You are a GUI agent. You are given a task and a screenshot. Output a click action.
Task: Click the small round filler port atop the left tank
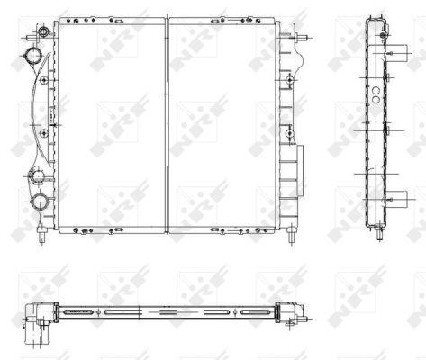click(44, 31)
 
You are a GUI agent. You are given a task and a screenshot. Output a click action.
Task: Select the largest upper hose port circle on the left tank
click(33, 56)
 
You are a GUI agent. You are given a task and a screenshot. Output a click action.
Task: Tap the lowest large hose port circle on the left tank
click(40, 202)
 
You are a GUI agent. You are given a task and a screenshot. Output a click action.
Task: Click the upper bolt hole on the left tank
click(44, 80)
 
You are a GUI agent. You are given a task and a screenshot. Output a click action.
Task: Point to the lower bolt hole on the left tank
click(44, 133)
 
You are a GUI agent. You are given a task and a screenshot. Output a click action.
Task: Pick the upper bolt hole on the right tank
click(289, 80)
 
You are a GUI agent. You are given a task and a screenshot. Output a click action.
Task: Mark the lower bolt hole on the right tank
click(289, 133)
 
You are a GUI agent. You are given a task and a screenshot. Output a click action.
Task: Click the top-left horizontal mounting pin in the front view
click(32, 39)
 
